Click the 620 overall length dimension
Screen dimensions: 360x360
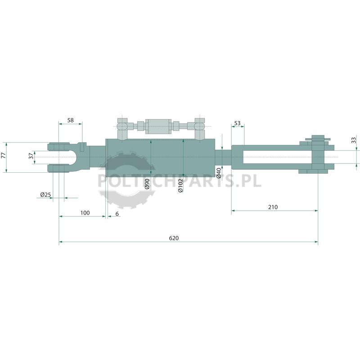click(x=174, y=238)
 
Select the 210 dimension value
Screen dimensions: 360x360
click(x=273, y=207)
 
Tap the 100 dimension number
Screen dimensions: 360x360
click(x=85, y=213)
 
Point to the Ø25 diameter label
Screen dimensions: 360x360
click(x=45, y=195)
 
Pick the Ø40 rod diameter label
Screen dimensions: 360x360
click(x=219, y=173)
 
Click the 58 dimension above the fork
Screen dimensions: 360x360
click(x=71, y=120)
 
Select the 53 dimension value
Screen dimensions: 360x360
click(x=237, y=123)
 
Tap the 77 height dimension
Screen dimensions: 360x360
click(x=4, y=155)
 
